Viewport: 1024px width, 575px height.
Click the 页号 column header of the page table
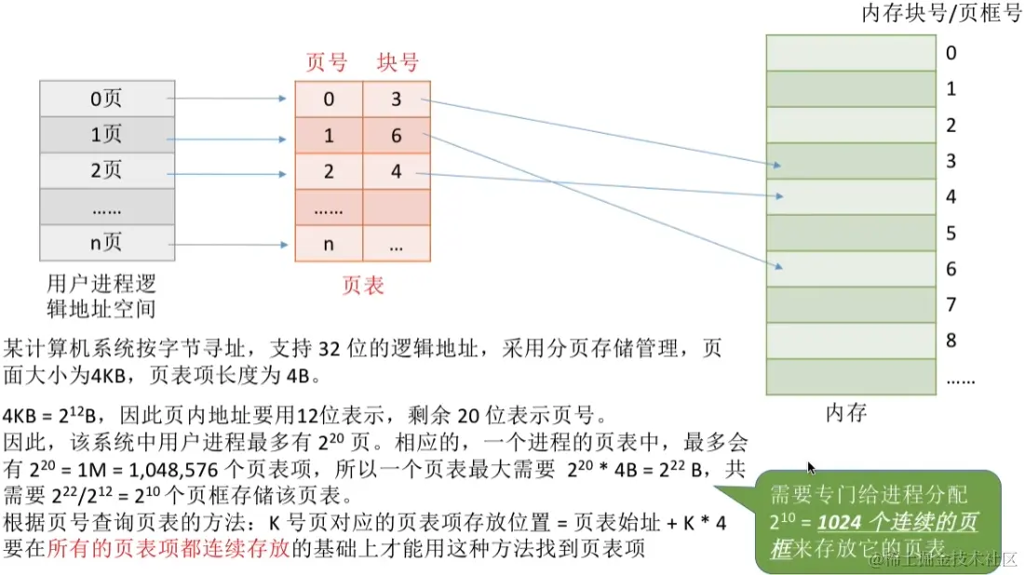pyautogui.click(x=327, y=62)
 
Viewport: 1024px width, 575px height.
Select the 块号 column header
pyautogui.click(x=397, y=62)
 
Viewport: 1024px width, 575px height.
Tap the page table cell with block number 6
pyautogui.click(x=397, y=136)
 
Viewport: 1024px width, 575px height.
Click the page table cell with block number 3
pyautogui.click(x=397, y=100)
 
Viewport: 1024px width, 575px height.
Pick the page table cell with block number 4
pyautogui.click(x=397, y=172)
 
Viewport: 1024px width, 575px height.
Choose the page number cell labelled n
pyautogui.click(x=329, y=244)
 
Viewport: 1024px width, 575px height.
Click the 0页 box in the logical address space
pyautogui.click(x=106, y=98)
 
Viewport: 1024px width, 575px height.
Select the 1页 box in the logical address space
pyautogui.click(x=106, y=134)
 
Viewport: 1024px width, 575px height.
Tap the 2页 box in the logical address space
pyautogui.click(x=106, y=170)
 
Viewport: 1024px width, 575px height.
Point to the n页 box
pyautogui.click(x=106, y=244)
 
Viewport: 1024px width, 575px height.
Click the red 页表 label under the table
pyautogui.click(x=363, y=286)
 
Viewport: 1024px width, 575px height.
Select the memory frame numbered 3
pyautogui.click(x=850, y=161)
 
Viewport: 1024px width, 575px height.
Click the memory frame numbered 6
pyautogui.click(x=850, y=269)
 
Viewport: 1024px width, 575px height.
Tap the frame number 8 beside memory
pyautogui.click(x=951, y=341)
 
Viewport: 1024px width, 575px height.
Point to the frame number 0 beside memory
pyautogui.click(x=950, y=53)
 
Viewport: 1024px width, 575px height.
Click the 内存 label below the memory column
pyautogui.click(x=846, y=411)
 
